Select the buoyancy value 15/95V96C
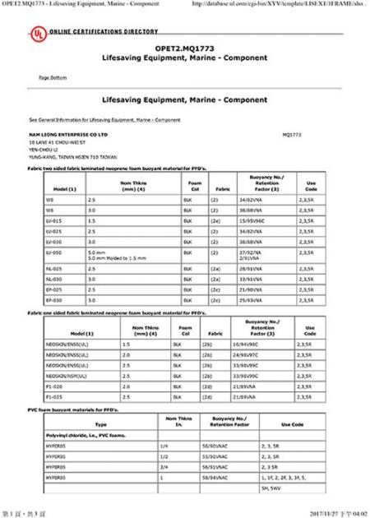click(x=250, y=221)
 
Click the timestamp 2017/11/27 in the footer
click(x=324, y=511)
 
